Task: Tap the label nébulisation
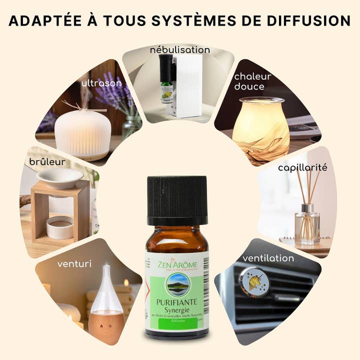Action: tap(180, 50)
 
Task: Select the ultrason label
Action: tap(101, 83)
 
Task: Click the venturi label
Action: tap(73, 263)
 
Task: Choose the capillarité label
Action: tap(302, 167)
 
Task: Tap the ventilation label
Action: tap(268, 258)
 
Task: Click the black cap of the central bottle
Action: tap(177, 200)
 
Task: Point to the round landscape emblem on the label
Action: tap(177, 283)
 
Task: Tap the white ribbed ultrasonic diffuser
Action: tap(82, 134)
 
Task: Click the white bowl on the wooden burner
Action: tap(60, 176)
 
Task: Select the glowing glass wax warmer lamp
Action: tap(260, 127)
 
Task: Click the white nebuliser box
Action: tap(189, 85)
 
